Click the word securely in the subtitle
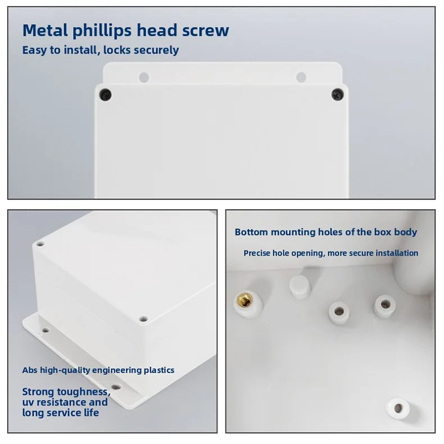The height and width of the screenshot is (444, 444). pyautogui.click(x=157, y=50)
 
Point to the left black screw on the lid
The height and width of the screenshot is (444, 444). pyautogui.click(x=104, y=94)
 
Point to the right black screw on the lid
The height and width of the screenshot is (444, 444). pyautogui.click(x=337, y=93)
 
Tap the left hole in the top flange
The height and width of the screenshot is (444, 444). pyautogui.click(x=143, y=76)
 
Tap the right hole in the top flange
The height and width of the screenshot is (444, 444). pyautogui.click(x=301, y=76)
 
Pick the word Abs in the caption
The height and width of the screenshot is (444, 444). pyautogui.click(x=29, y=370)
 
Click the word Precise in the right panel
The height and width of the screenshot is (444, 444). pyautogui.click(x=258, y=253)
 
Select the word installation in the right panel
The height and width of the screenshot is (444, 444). pyautogui.click(x=397, y=253)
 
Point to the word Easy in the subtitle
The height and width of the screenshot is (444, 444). pyautogui.click(x=34, y=50)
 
